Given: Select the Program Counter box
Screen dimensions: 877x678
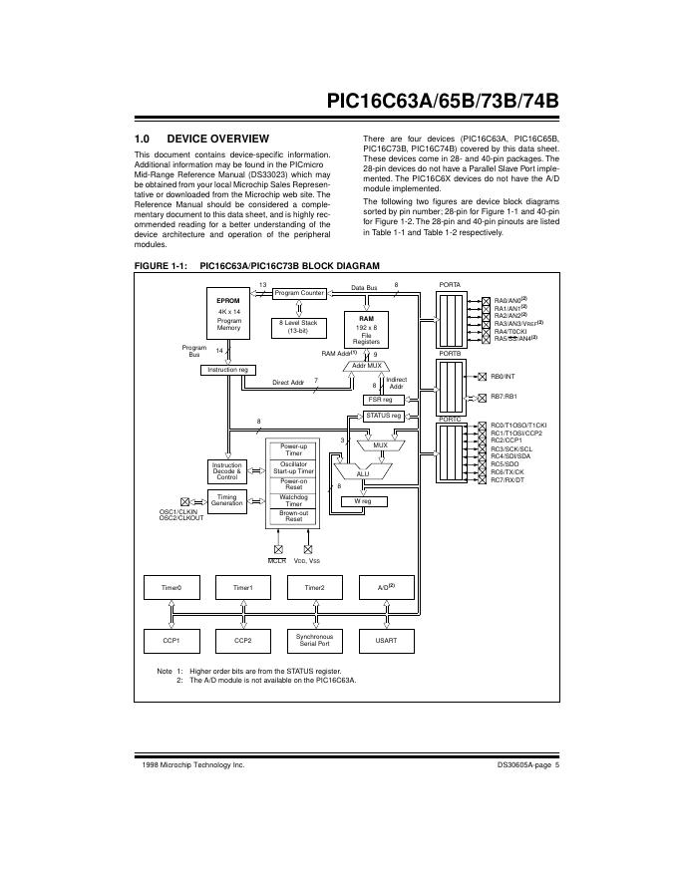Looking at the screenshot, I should click(x=299, y=293).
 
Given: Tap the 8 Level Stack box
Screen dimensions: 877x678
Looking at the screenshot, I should click(x=297, y=326).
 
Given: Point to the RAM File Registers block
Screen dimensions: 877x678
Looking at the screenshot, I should click(x=367, y=329).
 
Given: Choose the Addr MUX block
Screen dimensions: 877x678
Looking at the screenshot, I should click(x=367, y=366).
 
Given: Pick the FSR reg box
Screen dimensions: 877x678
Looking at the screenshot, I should click(x=380, y=399).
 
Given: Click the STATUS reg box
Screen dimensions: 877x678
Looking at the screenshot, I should click(x=383, y=415).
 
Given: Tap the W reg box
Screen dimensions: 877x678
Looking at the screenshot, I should click(x=363, y=501).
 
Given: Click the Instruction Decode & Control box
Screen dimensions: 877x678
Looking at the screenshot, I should click(x=227, y=471).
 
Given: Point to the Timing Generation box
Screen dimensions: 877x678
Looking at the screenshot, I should click(x=227, y=499).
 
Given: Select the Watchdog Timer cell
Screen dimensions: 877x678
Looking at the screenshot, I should click(x=293, y=500).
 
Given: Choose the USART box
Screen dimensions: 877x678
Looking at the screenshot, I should click(x=385, y=640).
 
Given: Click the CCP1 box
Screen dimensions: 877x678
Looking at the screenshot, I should click(x=171, y=640).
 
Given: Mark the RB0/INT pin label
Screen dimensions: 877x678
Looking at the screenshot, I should click(x=503, y=377).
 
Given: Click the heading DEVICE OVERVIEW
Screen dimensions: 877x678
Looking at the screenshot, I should click(x=217, y=138).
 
